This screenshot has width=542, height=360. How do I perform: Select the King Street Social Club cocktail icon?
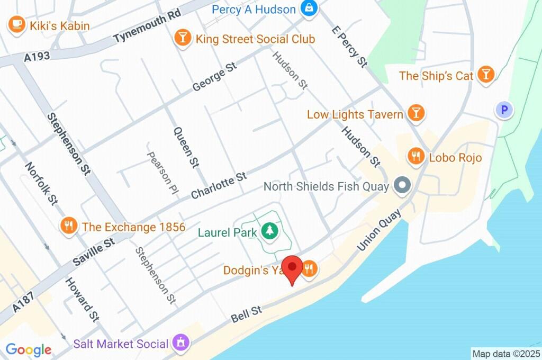pyautogui.click(x=183, y=39)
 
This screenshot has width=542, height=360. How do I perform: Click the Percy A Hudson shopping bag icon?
pyautogui.click(x=308, y=8)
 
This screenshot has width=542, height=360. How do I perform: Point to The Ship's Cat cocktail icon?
pyautogui.click(x=485, y=75)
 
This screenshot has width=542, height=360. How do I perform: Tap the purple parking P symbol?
pyautogui.click(x=504, y=110)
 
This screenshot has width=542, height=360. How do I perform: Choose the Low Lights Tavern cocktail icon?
pyautogui.click(x=417, y=114)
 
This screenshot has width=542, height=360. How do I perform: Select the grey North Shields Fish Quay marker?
pyautogui.click(x=403, y=186)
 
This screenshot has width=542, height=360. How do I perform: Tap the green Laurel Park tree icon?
pyautogui.click(x=270, y=231)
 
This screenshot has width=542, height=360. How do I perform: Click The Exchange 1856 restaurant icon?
pyautogui.click(x=68, y=227)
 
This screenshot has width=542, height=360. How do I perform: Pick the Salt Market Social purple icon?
pyautogui.click(x=181, y=343)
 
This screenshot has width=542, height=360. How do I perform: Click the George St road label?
pyautogui.click(x=214, y=77)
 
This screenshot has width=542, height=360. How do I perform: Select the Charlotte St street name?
pyautogui.click(x=219, y=185)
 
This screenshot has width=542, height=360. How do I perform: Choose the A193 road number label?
pyautogui.click(x=38, y=57)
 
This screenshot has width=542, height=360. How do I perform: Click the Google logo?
pyautogui.click(x=29, y=349)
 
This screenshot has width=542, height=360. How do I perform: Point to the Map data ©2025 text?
pyautogui.click(x=505, y=353)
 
